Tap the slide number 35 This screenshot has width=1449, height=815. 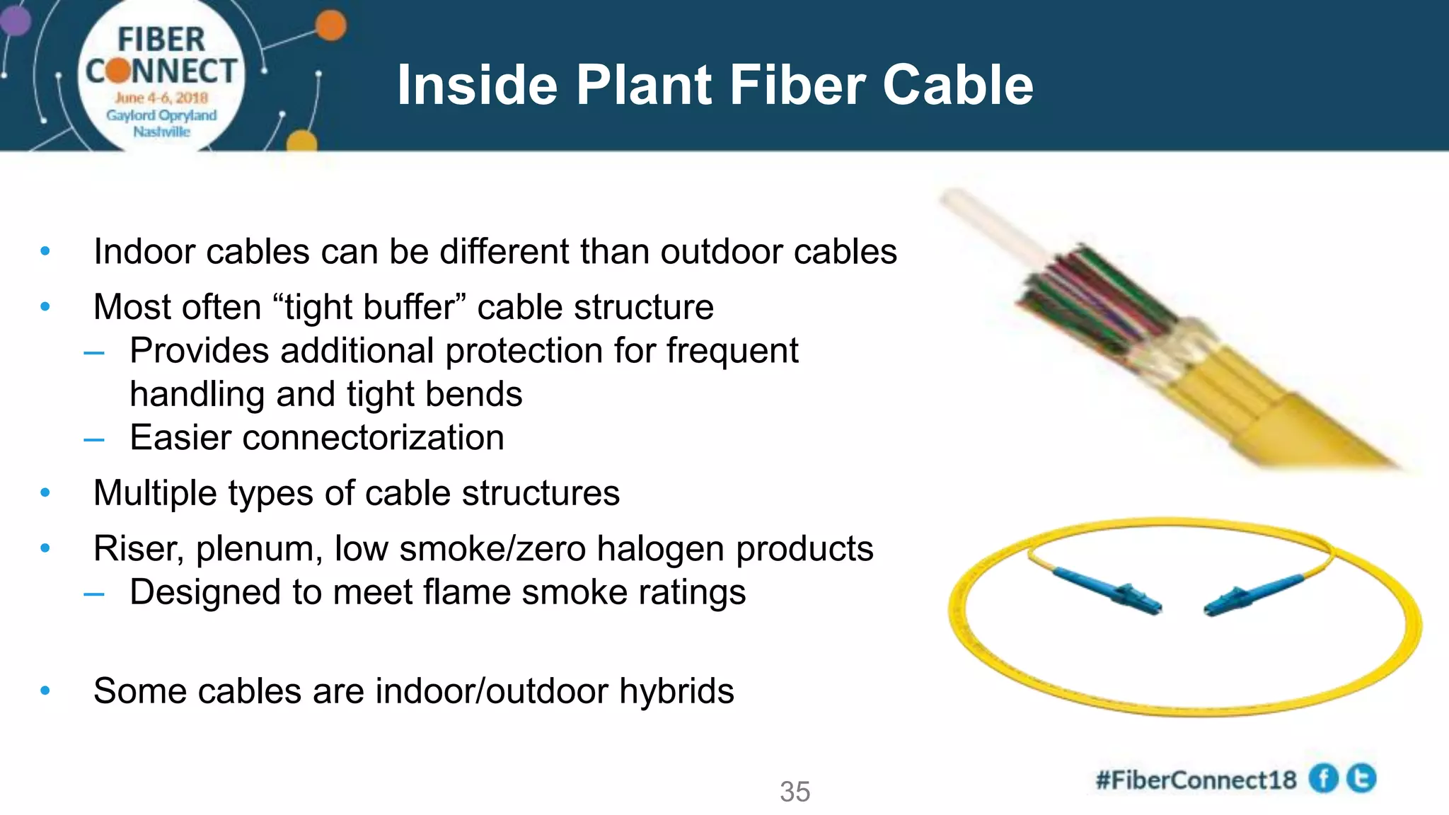tap(795, 792)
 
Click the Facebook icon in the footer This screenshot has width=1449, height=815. tap(1323, 779)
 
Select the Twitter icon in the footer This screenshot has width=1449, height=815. tap(1361, 779)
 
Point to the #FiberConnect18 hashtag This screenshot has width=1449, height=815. tap(1196, 780)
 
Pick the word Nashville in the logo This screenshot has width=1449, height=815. tap(162, 132)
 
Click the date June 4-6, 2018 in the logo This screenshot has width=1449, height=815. tap(162, 98)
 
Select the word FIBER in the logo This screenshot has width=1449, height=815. tap(161, 40)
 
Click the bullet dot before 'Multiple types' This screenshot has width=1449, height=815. tap(45, 493)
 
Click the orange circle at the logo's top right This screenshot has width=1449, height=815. tap(330, 26)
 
